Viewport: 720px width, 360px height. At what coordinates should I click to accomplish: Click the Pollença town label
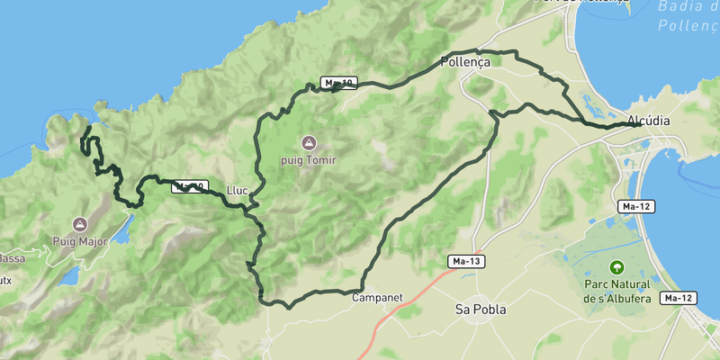(464, 62)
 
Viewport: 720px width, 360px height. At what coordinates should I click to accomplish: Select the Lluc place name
(238, 191)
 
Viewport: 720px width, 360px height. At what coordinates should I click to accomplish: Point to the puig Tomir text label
(310, 160)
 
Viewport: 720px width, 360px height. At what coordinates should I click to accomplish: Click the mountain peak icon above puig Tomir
(310, 142)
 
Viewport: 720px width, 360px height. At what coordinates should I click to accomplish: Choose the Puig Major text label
(79, 241)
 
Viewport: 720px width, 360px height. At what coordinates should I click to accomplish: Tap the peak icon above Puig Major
(79, 223)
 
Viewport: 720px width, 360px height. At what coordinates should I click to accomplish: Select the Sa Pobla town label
(480, 310)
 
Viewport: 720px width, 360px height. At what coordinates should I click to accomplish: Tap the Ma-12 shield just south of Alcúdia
(636, 206)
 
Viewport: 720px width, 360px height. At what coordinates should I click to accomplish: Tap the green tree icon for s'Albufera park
(616, 266)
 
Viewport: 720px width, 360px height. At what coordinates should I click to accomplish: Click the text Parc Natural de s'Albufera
(616, 291)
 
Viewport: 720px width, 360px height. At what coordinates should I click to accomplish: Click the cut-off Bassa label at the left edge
(12, 259)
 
